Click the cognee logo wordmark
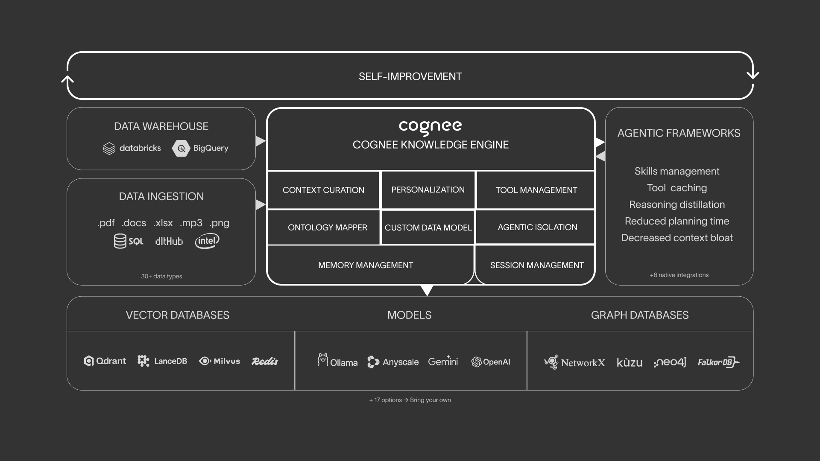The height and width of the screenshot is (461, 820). coord(430,127)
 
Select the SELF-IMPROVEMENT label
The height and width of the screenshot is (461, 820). coord(410,76)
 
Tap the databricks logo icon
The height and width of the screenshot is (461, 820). coord(109,148)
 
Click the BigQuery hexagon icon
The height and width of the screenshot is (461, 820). coord(181,148)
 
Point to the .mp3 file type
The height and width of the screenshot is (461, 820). coord(190,223)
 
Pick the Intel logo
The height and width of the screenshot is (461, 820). coord(207,241)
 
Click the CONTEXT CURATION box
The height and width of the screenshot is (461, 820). coord(323,190)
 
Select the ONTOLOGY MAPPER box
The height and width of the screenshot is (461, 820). coord(327,228)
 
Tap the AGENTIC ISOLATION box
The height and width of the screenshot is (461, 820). coord(537,228)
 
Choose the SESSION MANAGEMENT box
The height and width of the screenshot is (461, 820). coord(536,265)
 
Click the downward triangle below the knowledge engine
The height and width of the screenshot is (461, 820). coord(427,290)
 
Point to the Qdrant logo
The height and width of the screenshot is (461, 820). coord(105,361)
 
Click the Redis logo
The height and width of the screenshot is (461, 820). coord(265,362)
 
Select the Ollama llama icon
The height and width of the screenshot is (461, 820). coord(323,359)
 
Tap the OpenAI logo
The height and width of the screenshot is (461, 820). coord(491,362)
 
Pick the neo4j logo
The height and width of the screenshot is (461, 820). coord(670,362)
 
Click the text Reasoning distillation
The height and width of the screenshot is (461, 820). coord(676,204)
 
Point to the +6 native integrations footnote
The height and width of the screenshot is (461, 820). coord(679,275)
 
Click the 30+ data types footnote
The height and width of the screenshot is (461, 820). coord(161,276)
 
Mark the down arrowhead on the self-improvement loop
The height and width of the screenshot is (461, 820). coord(753,75)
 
